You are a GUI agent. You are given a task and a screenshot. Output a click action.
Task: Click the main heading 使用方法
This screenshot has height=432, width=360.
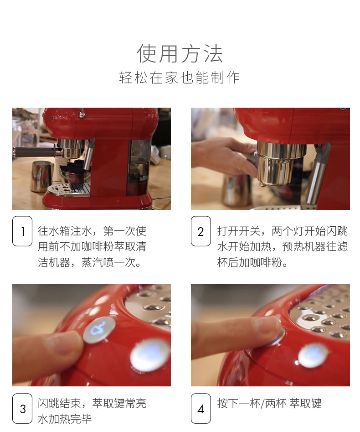coord(180,53)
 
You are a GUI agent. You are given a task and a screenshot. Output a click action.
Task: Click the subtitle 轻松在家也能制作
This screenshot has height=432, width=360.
coord(180,78)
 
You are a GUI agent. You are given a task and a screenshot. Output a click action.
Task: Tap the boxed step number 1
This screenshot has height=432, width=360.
coord(22,231)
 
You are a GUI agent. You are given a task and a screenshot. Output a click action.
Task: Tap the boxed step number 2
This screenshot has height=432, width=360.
coord(201,231)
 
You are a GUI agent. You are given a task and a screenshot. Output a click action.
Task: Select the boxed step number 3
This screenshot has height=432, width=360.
coord(22,409)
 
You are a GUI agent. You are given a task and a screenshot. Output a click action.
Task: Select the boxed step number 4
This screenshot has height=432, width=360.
coord(201,409)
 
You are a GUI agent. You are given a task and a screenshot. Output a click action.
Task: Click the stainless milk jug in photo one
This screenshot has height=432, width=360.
coord(41,177)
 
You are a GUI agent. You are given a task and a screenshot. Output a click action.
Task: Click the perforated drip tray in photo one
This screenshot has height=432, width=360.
coord(69,190)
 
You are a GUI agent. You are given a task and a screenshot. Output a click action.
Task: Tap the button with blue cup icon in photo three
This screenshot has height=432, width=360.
coord(99,329)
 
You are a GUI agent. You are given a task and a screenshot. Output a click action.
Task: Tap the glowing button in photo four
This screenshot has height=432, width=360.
coord(313,355)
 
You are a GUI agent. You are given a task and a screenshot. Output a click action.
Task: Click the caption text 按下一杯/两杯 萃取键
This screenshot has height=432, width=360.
coord(269,404)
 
